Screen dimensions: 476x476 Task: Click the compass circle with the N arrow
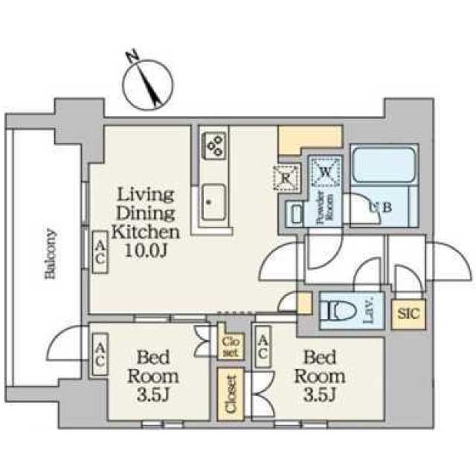pos(148,84)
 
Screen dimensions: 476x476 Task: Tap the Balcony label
pos(51,254)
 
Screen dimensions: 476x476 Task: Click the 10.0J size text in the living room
pos(146,251)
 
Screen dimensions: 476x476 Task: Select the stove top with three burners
pos(213,146)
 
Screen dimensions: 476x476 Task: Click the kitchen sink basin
pos(213,202)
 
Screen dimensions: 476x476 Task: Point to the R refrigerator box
pos(286,178)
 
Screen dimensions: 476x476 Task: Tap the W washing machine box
pos(325,172)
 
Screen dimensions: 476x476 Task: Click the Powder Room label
pos(325,208)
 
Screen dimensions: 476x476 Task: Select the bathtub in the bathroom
pos(384,165)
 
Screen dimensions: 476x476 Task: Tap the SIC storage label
pos(408,314)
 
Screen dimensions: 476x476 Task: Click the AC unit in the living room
pos(100,253)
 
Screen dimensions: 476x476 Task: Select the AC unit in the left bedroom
pos(100,355)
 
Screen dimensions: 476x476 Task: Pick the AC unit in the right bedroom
pos(263,347)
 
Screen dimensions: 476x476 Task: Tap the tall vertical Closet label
pos(231,394)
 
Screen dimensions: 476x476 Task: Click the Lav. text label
pos(368,311)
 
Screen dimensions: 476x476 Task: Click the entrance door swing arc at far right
pos(450,261)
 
